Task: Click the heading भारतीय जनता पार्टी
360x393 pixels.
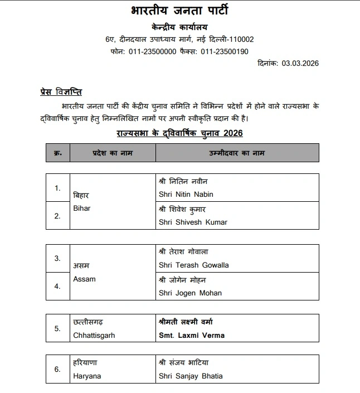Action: pos(179,11)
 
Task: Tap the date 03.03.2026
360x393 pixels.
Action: pos(300,64)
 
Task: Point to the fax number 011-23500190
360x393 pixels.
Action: pos(225,51)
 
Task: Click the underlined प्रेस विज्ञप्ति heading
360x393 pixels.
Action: pos(61,92)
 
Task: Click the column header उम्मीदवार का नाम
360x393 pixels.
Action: pos(237,153)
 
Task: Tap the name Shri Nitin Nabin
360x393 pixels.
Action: pos(186,195)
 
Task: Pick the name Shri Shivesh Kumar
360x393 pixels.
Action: pos(193,222)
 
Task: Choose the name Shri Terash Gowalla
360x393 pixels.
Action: pos(194,265)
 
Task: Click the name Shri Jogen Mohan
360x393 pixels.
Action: pos(190,293)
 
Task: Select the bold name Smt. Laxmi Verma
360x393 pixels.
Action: pos(192,336)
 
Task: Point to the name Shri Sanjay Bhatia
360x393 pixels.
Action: pos(191,376)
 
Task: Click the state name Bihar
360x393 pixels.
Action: pos(82,208)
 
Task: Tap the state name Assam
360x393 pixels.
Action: pos(84,279)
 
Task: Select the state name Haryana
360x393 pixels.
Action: pos(87,376)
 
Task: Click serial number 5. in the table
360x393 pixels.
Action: pos(57,328)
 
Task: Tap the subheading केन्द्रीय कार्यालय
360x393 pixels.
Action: pos(179,27)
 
